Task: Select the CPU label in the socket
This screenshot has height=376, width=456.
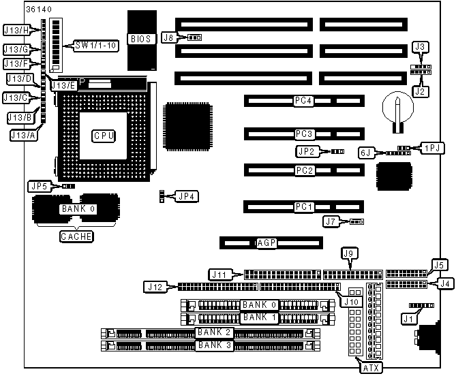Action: click(x=104, y=136)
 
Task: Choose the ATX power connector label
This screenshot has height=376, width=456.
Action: click(x=371, y=368)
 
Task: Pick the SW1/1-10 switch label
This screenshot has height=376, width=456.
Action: click(x=93, y=46)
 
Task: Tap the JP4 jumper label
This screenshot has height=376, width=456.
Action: click(x=185, y=196)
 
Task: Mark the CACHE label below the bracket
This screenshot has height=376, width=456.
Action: click(x=76, y=236)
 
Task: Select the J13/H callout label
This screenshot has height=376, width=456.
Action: click(x=16, y=30)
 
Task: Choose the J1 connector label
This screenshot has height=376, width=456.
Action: click(x=408, y=317)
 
